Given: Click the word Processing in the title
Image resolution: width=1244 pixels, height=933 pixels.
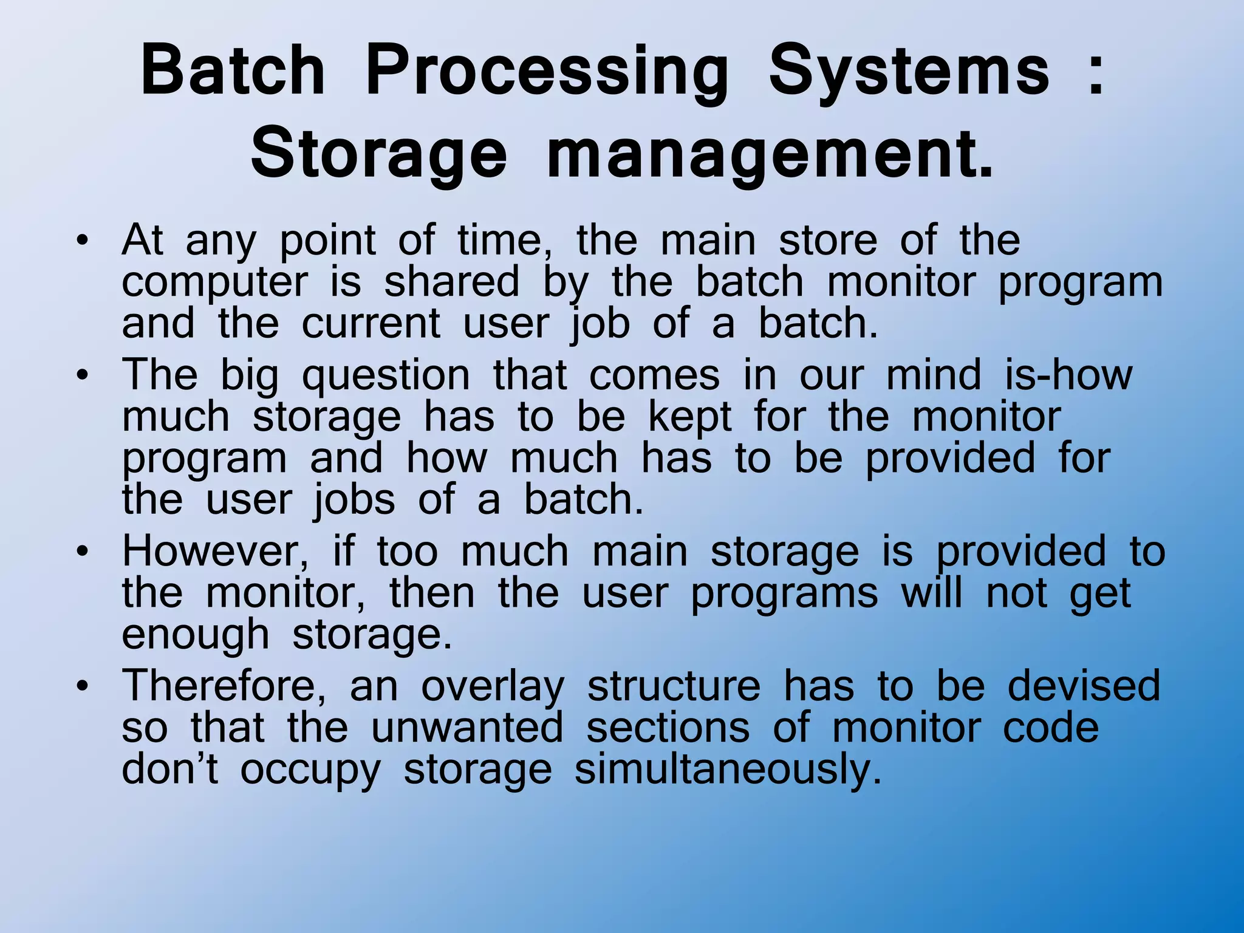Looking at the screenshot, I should coord(547,74).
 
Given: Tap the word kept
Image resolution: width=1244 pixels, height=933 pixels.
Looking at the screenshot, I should coord(690,418).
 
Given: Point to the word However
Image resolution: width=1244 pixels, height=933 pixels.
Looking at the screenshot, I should coord(216,552).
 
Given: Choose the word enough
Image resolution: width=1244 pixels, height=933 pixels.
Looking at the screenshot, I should coord(195,636).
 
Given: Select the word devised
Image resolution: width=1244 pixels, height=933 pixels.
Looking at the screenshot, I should coord(1084,685).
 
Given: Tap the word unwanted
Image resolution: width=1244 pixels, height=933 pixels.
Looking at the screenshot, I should coord(467,727).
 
